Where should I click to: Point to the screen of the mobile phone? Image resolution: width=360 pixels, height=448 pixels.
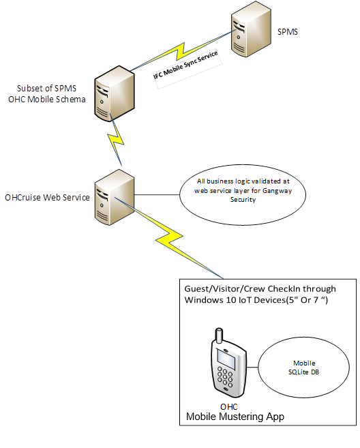coord(225,357)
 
